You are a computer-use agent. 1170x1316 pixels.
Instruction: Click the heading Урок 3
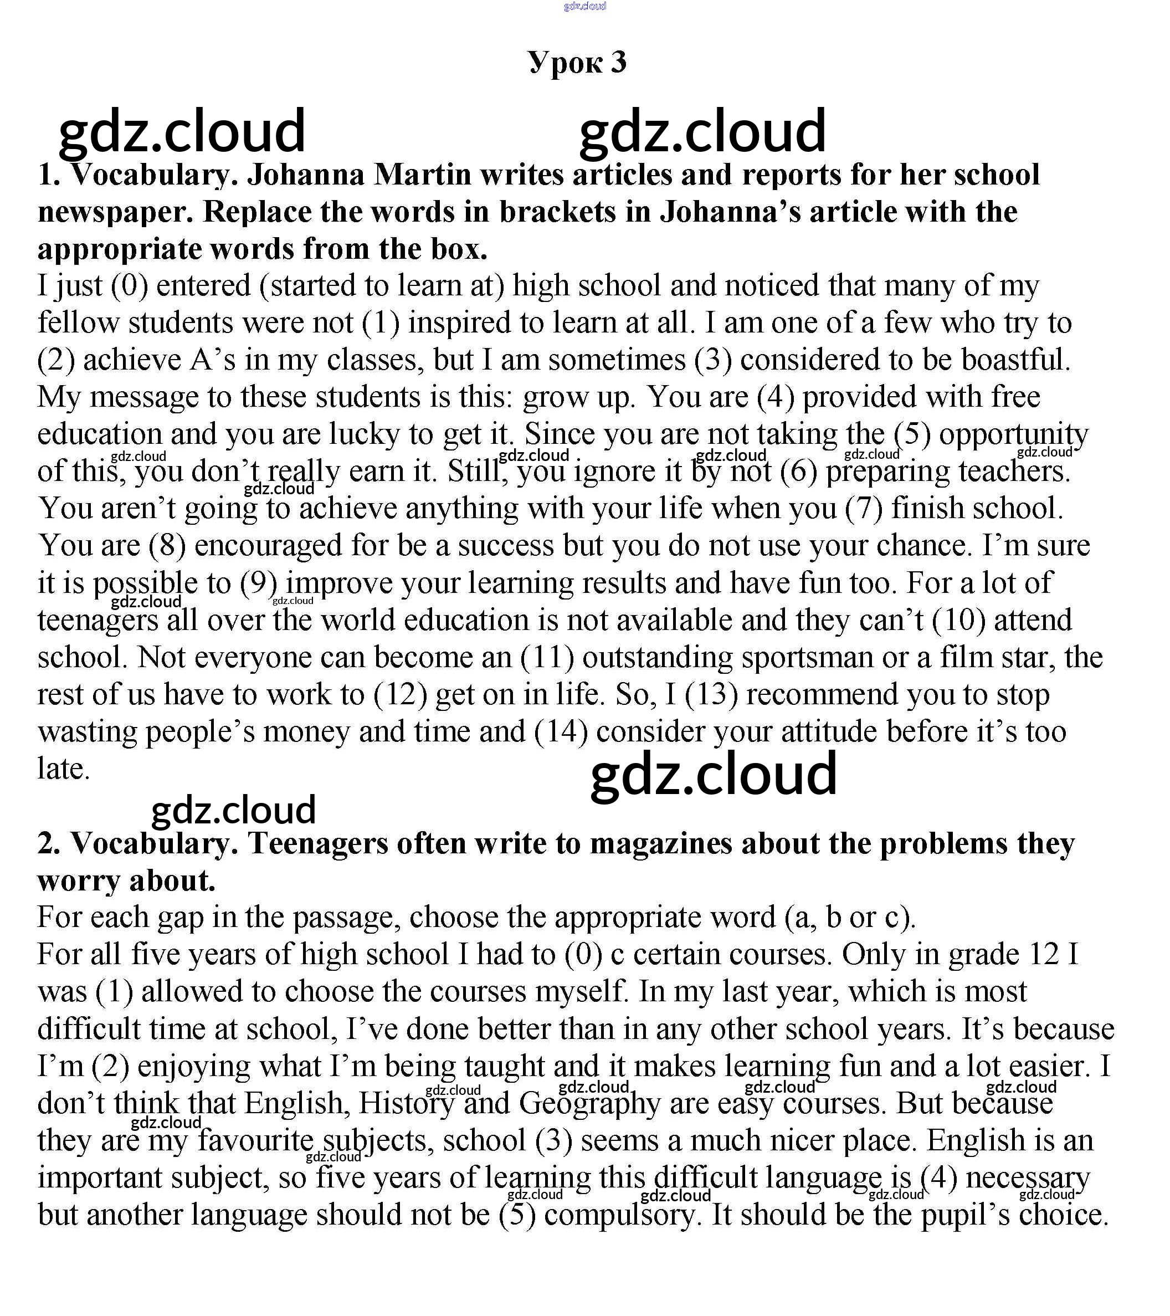coord(577,63)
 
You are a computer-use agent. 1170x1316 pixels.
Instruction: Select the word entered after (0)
coord(203,286)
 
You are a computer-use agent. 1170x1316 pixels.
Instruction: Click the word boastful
coord(1015,361)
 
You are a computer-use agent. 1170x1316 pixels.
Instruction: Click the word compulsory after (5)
coord(620,1216)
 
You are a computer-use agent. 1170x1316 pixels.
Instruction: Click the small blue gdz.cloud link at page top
coord(584,7)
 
